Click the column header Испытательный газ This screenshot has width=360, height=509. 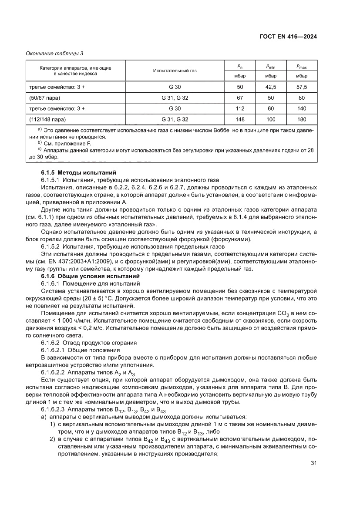pyautogui.click(x=175, y=71)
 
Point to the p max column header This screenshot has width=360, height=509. pyautogui.click(x=302, y=66)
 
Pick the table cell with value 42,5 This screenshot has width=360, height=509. pyautogui.click(x=271, y=87)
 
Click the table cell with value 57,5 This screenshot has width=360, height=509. pyautogui.click(x=302, y=87)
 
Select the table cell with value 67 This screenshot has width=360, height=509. pyautogui.click(x=239, y=98)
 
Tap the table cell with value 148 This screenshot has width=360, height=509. pyautogui.click(x=239, y=119)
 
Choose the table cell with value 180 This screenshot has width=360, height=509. pyautogui.click(x=302, y=119)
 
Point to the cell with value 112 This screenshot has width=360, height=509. pyautogui.click(x=239, y=108)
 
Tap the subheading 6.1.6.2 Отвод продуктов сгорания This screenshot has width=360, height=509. pyautogui.click(x=83, y=343)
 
